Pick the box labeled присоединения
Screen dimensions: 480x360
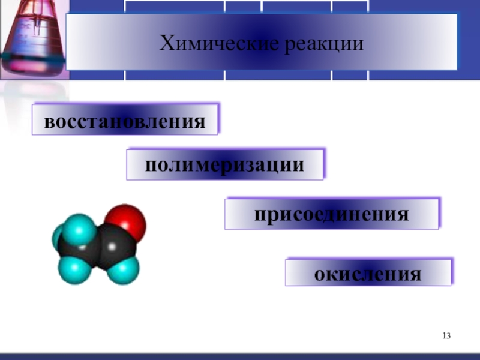click(332, 214)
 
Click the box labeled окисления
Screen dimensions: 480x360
click(368, 272)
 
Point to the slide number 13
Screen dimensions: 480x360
click(446, 335)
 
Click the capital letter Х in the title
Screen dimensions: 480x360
click(166, 43)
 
